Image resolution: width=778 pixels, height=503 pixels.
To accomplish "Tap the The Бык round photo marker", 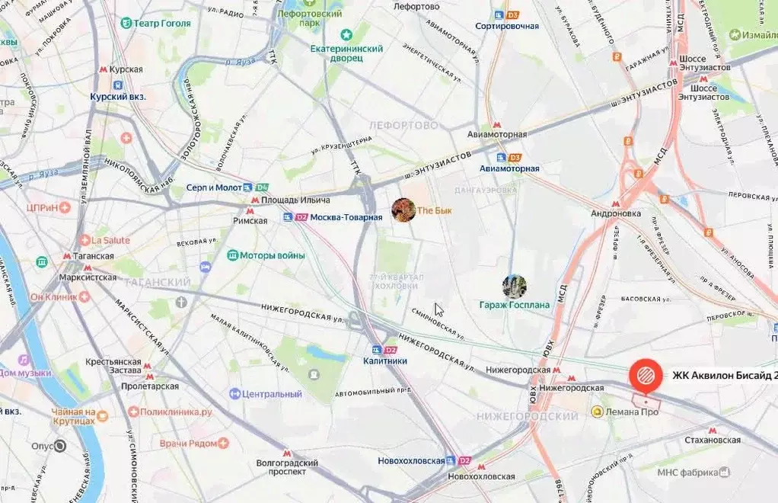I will coord(403,210).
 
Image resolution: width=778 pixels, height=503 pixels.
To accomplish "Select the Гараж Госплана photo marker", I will coord(515,287).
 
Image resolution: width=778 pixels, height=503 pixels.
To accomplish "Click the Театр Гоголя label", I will coord(161,23).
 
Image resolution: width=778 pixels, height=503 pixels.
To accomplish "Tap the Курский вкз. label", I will coord(117,97).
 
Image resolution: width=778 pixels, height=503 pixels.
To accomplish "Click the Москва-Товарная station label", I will coord(346,217).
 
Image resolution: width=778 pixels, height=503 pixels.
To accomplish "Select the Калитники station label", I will coord(385,360).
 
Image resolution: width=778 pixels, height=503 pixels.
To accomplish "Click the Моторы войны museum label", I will coord(272,255).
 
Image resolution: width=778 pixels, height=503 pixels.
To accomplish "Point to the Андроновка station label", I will coord(617,213).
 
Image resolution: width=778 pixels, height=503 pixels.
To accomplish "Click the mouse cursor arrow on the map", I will coord(438,309).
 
